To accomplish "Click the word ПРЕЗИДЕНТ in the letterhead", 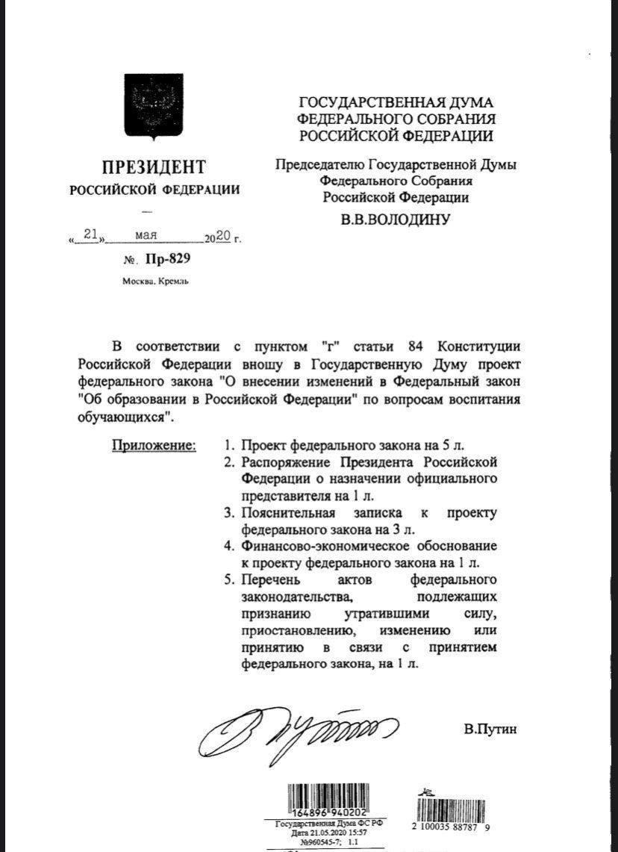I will pos(154,167).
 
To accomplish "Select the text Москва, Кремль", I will pos(155,282).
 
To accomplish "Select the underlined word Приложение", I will pos(154,446).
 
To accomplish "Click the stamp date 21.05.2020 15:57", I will pos(328,832).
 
